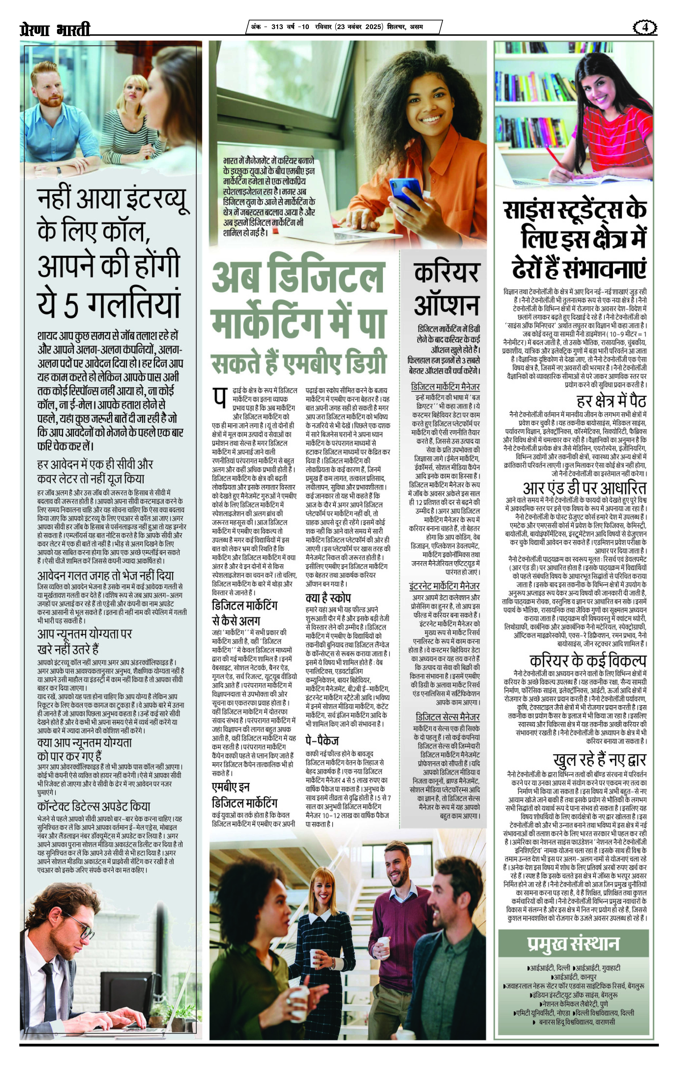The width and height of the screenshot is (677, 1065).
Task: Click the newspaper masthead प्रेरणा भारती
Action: pyautogui.click(x=55, y=29)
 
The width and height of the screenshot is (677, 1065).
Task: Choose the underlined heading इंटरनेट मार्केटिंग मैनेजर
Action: pyautogui.click(x=444, y=586)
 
